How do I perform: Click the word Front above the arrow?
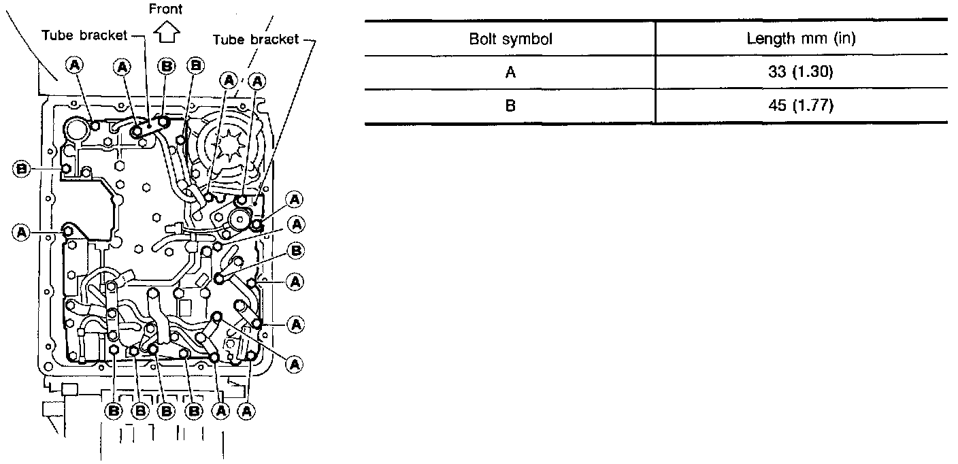[166, 9]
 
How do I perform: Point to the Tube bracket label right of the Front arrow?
[256, 39]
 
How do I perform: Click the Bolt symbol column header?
[510, 39]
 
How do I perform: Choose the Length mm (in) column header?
[801, 39]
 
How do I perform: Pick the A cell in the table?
[510, 72]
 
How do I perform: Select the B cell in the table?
[510, 106]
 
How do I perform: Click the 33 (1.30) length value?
[801, 72]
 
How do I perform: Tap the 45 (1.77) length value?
[801, 106]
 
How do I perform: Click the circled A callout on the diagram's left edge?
[21, 233]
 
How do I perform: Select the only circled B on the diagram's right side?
[296, 251]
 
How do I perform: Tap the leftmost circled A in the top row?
[74, 65]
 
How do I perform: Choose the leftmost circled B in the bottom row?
[113, 410]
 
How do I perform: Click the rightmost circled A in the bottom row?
[247, 410]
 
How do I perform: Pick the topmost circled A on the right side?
[295, 199]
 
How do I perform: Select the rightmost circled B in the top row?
[196, 65]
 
